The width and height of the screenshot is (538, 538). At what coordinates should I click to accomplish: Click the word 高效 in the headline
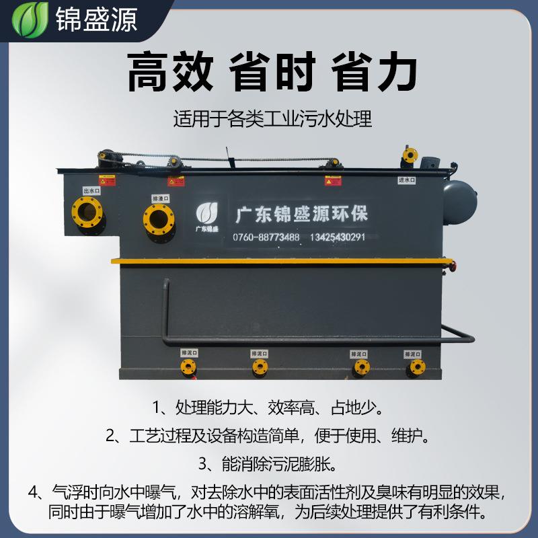[170, 72]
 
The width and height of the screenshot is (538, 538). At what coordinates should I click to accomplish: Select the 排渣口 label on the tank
[160, 198]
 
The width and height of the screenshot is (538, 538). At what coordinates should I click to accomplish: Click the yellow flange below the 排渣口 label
[159, 219]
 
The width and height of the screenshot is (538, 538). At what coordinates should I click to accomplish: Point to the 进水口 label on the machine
[406, 180]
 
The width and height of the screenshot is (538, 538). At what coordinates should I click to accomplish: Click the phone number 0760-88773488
[266, 237]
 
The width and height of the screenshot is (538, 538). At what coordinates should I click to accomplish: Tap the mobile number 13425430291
[338, 237]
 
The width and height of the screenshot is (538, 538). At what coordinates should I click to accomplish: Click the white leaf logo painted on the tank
[207, 213]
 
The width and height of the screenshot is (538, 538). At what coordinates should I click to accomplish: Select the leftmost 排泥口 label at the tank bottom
[189, 352]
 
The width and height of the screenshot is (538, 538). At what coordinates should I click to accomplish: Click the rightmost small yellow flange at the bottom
[417, 367]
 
